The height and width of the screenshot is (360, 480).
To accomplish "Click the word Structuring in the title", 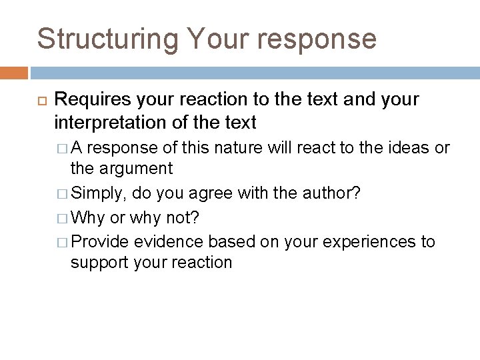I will point(107,39).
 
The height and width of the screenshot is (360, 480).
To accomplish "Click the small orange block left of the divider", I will point(13,73).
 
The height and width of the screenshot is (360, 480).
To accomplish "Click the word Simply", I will point(98,193).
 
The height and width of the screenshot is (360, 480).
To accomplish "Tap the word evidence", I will point(169,241).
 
